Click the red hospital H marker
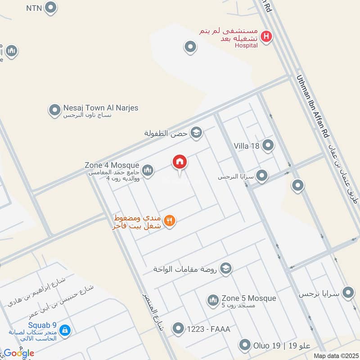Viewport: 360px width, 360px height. click(x=266, y=36)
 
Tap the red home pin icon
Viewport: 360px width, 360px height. click(x=180, y=162)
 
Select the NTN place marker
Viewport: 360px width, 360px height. click(x=51, y=7)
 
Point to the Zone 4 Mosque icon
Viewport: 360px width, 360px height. click(x=148, y=170)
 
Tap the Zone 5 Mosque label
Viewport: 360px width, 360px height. click(x=248, y=298)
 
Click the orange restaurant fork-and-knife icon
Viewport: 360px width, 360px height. click(x=170, y=220)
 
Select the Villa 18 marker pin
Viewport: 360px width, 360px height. click(x=268, y=145)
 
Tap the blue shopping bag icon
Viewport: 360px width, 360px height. click(x=65, y=330)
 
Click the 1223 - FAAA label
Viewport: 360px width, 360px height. click(x=208, y=329)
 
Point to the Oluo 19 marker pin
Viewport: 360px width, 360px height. click(x=245, y=345)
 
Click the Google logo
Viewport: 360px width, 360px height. click(x=19, y=353)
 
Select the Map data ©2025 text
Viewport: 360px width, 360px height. click(x=335, y=355)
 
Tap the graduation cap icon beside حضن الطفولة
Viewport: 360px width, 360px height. click(x=196, y=132)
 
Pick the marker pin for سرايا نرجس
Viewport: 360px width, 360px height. click(x=348, y=293)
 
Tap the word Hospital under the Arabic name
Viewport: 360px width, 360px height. click(x=246, y=45)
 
